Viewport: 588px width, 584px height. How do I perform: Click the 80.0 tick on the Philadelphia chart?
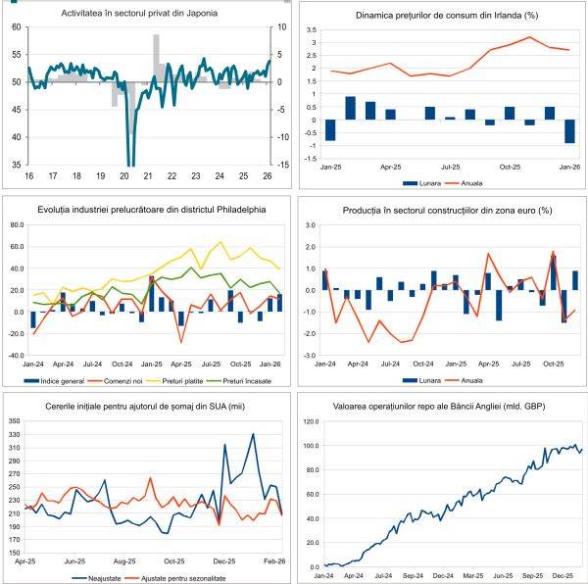18,224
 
